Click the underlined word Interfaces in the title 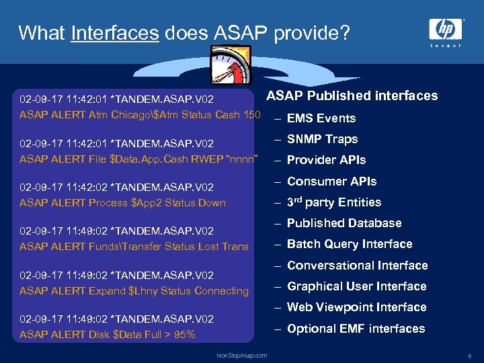[x=114, y=33]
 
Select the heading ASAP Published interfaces [x=352, y=95]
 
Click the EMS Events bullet [x=321, y=118]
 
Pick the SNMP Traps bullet [x=322, y=139]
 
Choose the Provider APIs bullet [x=326, y=160]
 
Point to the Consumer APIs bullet [x=331, y=182]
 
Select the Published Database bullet [x=344, y=223]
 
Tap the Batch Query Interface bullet [x=350, y=244]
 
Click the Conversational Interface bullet [x=357, y=266]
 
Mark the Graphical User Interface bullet [x=356, y=286]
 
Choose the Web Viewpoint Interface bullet [x=356, y=307]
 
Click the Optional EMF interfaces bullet [x=356, y=329]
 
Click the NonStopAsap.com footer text [x=241, y=355]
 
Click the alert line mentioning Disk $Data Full [x=108, y=335]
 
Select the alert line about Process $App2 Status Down [x=122, y=203]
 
